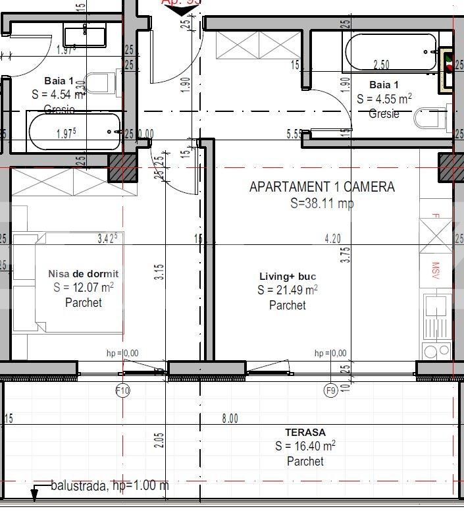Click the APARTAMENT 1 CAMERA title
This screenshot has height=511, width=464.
(x=322, y=187)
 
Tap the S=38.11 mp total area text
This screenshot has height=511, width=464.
(x=322, y=203)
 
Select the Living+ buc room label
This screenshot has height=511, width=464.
(x=288, y=277)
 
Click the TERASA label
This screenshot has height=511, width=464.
(x=305, y=433)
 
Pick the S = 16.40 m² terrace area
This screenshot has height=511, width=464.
(x=305, y=446)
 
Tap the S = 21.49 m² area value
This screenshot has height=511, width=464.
(x=288, y=290)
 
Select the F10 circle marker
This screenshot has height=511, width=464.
(x=122, y=391)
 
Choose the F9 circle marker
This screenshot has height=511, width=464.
(x=331, y=391)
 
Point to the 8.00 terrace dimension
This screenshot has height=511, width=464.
(x=230, y=418)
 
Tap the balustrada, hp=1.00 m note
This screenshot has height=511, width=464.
(x=109, y=486)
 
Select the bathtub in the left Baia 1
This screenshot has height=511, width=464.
(x=74, y=132)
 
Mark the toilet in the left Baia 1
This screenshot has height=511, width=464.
(x=99, y=84)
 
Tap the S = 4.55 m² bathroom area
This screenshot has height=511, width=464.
(x=384, y=99)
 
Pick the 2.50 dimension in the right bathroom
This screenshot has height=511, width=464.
(x=381, y=65)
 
